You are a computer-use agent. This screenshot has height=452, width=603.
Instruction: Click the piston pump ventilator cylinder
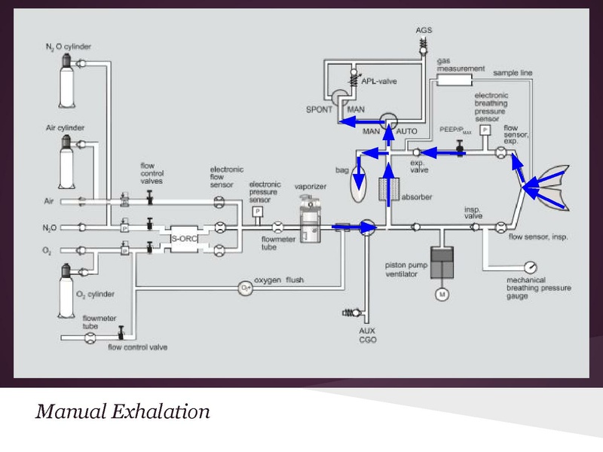441,261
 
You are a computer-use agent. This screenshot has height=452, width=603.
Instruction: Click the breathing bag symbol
360,185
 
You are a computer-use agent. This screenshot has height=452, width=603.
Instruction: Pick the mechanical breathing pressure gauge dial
533,268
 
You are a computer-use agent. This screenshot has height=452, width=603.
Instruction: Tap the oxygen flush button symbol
245,286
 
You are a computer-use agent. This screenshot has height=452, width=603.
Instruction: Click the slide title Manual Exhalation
123,412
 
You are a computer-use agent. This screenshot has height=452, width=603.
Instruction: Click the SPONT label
319,110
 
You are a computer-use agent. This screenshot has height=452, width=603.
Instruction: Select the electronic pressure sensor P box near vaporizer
258,212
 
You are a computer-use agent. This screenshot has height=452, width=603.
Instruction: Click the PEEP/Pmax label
455,130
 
